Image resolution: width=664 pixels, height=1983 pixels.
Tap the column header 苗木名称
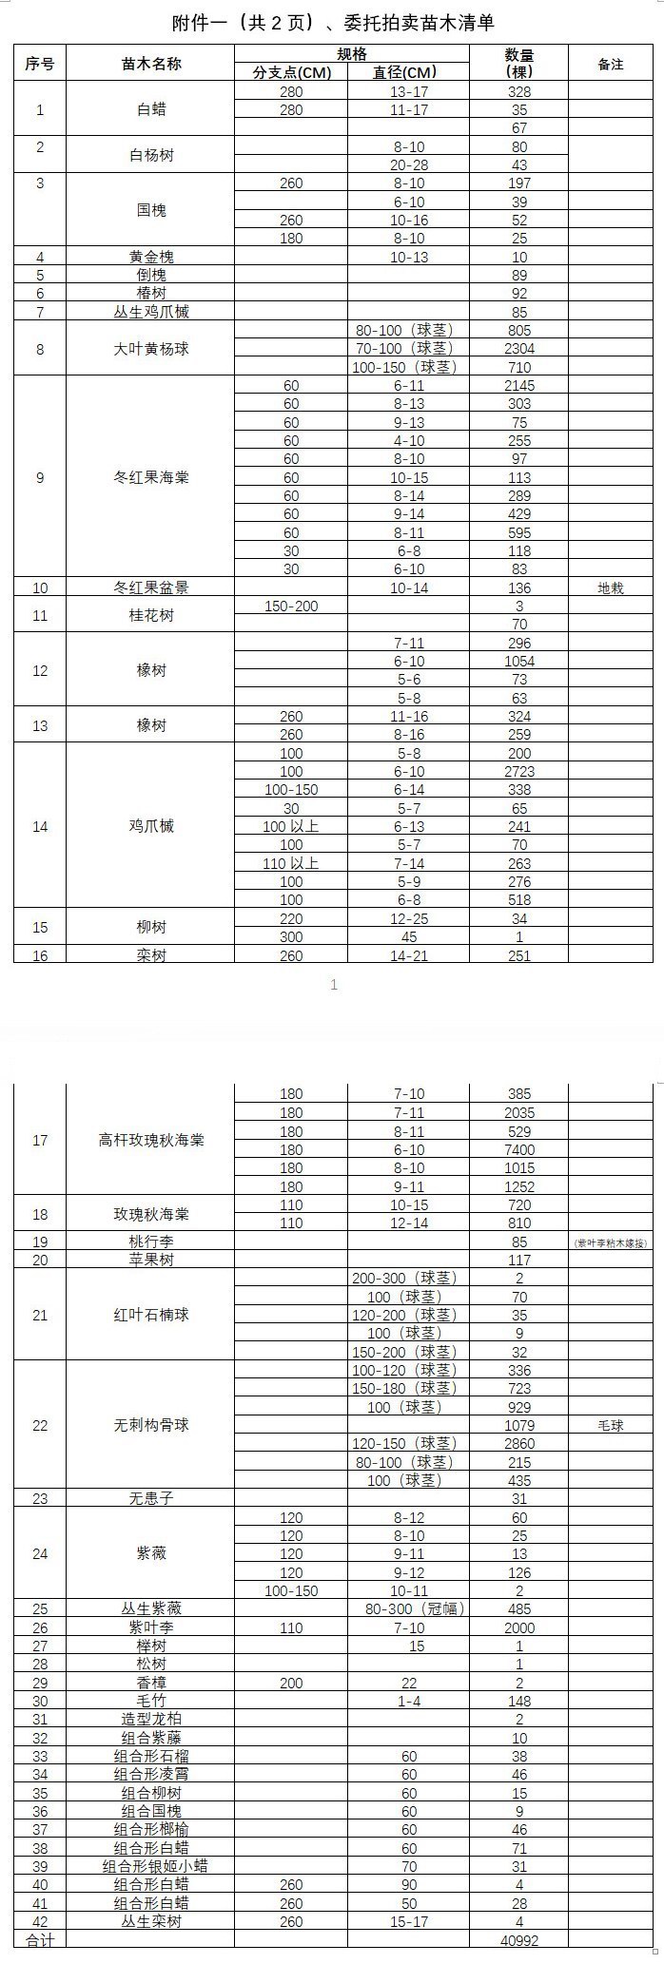(151, 64)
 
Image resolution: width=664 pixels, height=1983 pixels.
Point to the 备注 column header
(611, 64)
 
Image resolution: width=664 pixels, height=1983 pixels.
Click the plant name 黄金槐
(151, 257)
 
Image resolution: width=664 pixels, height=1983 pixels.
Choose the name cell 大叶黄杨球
(151, 349)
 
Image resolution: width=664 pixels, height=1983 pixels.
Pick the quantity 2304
(519, 349)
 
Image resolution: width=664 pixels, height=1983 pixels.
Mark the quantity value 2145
(519, 386)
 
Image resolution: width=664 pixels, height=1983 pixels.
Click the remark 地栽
(611, 588)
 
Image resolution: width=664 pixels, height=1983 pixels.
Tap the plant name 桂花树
(151, 615)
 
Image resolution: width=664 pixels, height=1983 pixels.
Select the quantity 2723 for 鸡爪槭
(519, 772)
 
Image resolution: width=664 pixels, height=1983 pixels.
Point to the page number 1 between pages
(334, 985)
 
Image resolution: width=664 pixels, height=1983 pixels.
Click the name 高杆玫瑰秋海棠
(151, 1140)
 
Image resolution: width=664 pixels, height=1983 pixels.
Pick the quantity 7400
(519, 1149)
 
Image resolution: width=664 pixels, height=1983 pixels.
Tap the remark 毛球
(611, 1425)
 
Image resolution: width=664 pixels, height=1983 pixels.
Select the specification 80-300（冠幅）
(409, 1608)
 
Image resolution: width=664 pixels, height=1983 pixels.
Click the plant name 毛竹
(151, 1701)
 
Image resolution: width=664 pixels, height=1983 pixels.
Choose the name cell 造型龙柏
(151, 1719)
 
